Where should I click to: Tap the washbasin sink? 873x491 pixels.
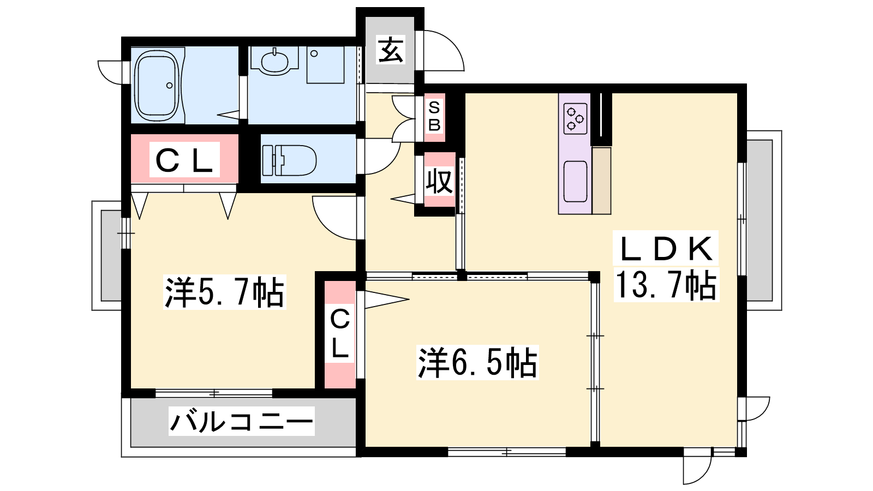pyautogui.click(x=274, y=62)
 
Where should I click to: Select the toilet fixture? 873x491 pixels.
pyautogui.click(x=289, y=160)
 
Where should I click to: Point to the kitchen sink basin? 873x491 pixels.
pyautogui.click(x=575, y=182)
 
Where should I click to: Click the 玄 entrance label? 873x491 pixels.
pyautogui.click(x=391, y=50)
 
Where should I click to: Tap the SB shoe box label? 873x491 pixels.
pyautogui.click(x=434, y=116)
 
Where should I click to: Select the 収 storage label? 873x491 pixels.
pyautogui.click(x=439, y=181)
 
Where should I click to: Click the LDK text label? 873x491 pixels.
pyautogui.click(x=666, y=249)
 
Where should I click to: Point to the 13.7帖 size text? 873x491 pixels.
pyautogui.click(x=666, y=285)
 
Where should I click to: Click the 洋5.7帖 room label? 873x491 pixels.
pyautogui.click(x=224, y=292)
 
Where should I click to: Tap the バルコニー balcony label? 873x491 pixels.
pyautogui.click(x=242, y=422)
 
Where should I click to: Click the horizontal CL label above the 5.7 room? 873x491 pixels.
pyautogui.click(x=184, y=160)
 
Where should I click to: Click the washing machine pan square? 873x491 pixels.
pyautogui.click(x=325, y=65)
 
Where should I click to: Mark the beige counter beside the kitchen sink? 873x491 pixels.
pyautogui.click(x=601, y=181)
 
